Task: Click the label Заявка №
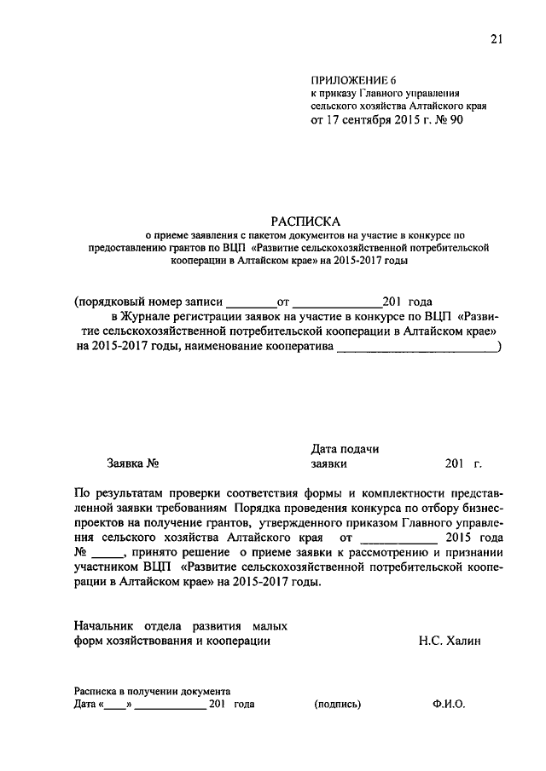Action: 134,464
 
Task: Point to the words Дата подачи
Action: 346,449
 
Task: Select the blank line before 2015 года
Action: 398,538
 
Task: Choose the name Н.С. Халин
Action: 450,641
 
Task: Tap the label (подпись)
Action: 338,705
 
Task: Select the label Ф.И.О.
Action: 449,705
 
